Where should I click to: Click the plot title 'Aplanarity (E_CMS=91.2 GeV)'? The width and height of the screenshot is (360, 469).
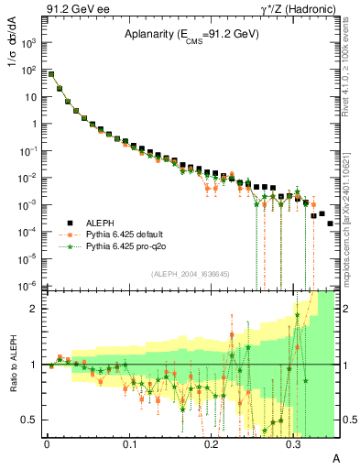(191, 35)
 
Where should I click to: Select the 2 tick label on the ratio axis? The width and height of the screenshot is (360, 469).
(35, 309)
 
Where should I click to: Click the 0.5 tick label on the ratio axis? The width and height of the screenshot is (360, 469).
(30, 420)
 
